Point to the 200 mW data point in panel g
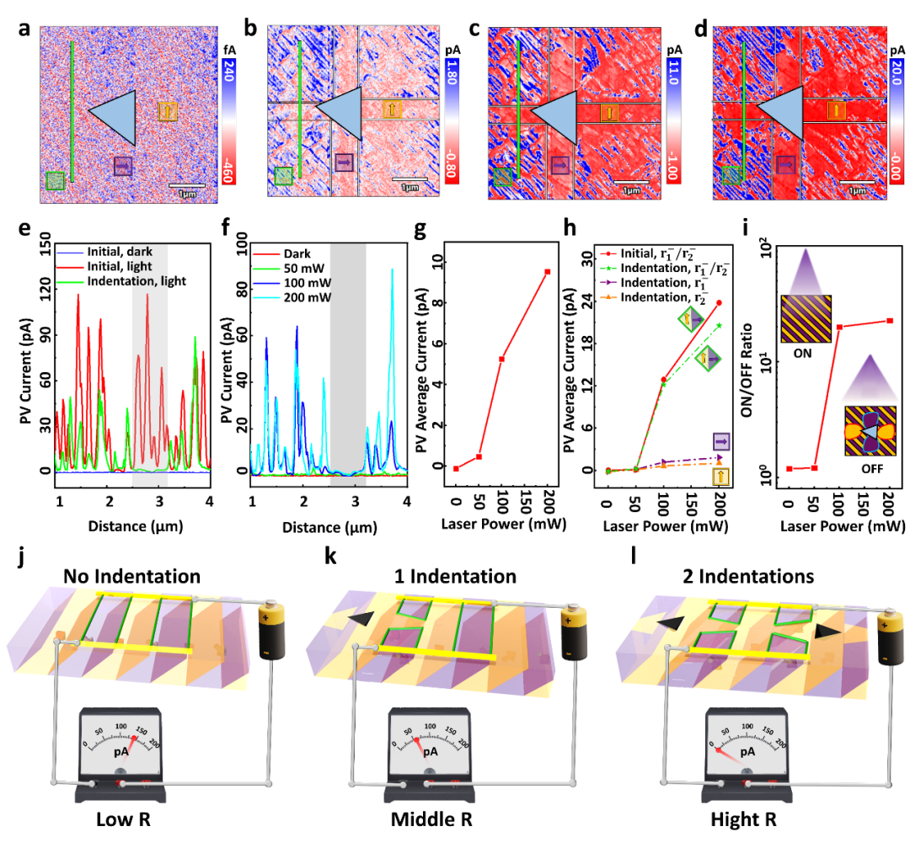pos(548,271)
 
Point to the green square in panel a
pos(55,180)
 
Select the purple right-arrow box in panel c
pos(559,164)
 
